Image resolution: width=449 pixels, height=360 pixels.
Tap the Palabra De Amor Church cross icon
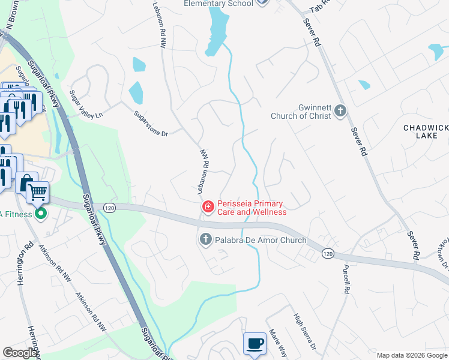(x=205, y=240)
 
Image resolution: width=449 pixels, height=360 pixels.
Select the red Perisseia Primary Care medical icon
(x=208, y=207)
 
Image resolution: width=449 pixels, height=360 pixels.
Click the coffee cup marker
(x=255, y=343)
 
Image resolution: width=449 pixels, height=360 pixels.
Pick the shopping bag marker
(x=26, y=182)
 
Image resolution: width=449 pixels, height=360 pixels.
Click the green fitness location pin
(x=41, y=213)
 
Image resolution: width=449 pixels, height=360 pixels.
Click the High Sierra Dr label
(x=305, y=332)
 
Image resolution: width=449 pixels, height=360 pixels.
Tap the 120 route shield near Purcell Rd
(x=327, y=253)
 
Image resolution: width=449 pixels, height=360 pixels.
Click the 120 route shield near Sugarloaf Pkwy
(x=109, y=207)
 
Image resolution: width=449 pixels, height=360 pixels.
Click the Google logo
(x=20, y=353)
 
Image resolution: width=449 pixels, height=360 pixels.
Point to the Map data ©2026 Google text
(x=411, y=355)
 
